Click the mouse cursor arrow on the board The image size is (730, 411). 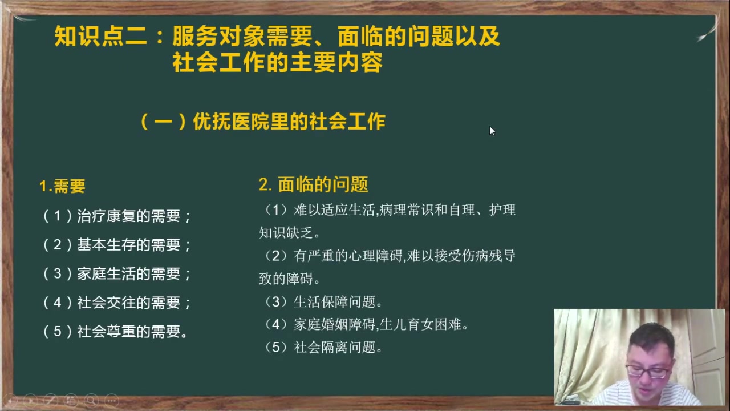click(x=492, y=131)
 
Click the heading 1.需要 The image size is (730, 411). click(x=62, y=186)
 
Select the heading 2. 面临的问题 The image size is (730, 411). click(x=314, y=184)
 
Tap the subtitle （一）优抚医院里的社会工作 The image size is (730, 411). click(x=263, y=122)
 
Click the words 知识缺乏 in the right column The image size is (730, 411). click(x=286, y=233)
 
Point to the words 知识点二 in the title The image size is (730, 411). click(x=100, y=36)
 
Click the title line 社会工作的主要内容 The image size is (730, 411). click(x=278, y=63)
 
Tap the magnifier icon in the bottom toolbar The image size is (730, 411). click(x=91, y=401)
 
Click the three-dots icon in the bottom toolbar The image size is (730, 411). click(x=112, y=401)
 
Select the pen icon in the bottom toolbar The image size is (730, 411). click(x=51, y=401)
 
